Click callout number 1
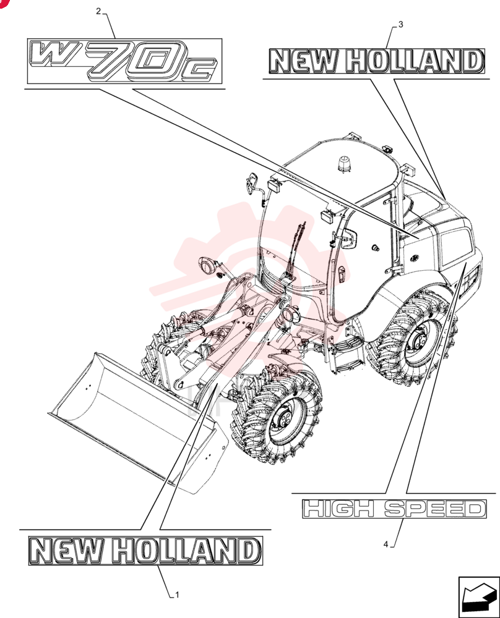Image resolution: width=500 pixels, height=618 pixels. pos(177,595)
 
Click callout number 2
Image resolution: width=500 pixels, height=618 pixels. pos(98,11)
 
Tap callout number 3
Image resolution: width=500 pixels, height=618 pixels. pos(401,25)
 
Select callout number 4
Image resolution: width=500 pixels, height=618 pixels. pos(386,544)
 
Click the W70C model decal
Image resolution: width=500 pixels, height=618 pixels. pos(125,61)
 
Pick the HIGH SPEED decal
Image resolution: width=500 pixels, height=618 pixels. pos(394,509)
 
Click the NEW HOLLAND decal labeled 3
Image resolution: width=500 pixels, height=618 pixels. pos(376,61)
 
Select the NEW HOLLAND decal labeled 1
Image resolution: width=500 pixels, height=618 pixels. pos(145,551)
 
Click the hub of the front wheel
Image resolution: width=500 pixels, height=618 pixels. pos(284,420)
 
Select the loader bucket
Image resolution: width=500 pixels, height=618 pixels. pos(138,421)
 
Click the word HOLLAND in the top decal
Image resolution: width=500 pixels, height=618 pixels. pos(415,61)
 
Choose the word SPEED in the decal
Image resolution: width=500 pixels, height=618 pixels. pos(434,509)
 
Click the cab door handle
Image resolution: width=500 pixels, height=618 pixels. pos(342,274)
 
